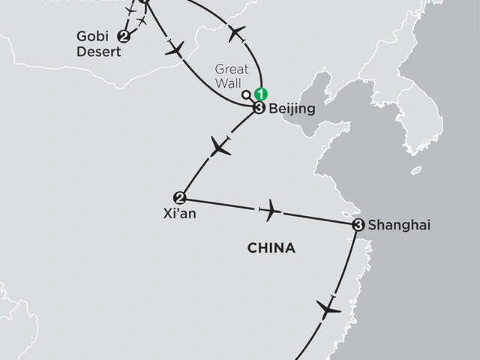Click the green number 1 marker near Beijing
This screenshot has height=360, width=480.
click(260, 95)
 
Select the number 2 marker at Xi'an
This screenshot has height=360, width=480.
click(179, 198)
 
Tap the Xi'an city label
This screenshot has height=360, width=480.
click(178, 213)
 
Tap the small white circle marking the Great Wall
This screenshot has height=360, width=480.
click(247, 95)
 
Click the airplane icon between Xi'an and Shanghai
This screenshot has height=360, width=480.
click(269, 211)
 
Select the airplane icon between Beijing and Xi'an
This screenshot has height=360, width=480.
click(220, 147)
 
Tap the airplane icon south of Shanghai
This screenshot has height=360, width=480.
click(328, 307)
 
